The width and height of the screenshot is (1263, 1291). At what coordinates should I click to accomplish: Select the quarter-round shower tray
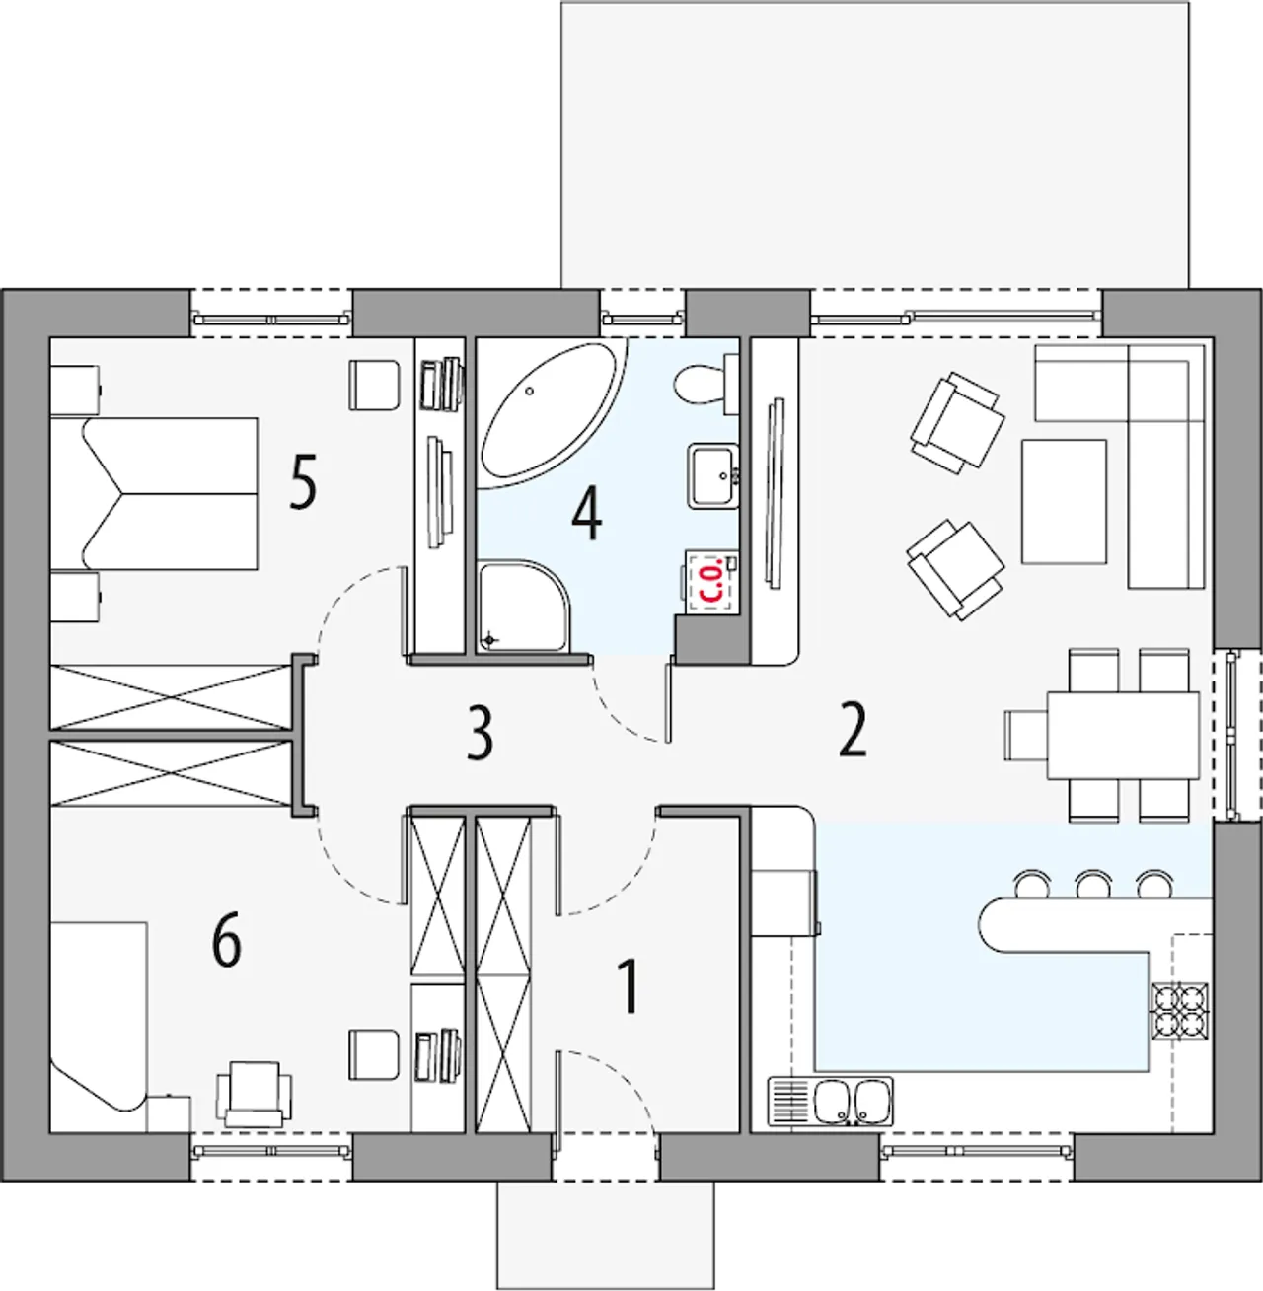click(524, 607)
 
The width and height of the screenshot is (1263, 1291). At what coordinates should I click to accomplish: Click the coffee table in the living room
click(1064, 502)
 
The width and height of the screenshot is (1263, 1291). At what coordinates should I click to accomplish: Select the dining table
click(1123, 735)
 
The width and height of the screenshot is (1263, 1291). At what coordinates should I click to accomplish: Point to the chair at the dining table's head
click(1026, 735)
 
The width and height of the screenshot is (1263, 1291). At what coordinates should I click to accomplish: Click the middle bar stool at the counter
click(1094, 884)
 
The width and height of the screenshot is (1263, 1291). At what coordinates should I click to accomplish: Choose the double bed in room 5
click(154, 493)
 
